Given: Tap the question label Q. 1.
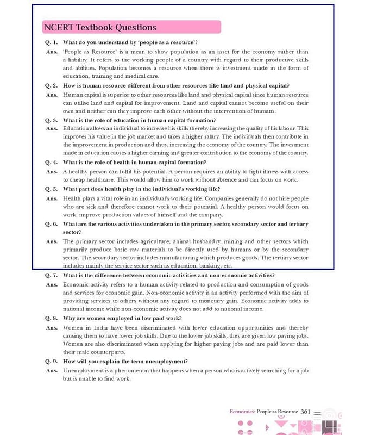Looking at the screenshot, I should (x=52, y=42).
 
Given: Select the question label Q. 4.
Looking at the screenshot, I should (x=52, y=162).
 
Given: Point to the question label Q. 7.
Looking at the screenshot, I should (x=52, y=275).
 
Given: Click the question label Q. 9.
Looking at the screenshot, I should (x=52, y=361).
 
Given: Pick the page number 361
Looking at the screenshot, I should (x=305, y=412).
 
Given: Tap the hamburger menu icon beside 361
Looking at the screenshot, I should (x=317, y=414).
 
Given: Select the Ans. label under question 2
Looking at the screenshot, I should (x=52, y=95).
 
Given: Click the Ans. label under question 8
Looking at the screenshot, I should (x=52, y=328).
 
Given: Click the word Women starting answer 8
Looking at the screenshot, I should (x=73, y=328).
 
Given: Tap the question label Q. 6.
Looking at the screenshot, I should (x=52, y=223).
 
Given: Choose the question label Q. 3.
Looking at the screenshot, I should (x=52, y=120).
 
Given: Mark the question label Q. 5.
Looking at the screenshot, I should (x=52, y=189).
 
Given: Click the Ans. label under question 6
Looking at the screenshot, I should (x=52, y=241).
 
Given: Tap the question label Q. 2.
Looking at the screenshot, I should (x=52, y=85).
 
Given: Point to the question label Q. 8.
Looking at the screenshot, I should (x=52, y=318).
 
